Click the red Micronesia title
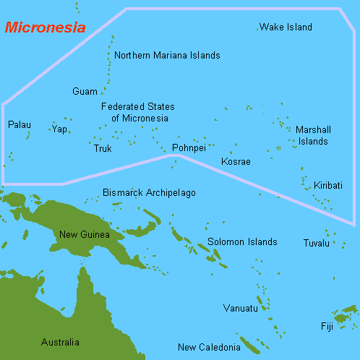pos(45,28)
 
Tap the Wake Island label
pos(286,27)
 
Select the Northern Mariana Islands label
pos(167,56)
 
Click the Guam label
pos(85,92)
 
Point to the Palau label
pos(20,125)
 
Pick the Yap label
pos(59,129)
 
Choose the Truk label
pos(103,149)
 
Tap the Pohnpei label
pos(189,148)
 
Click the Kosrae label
pos(236,161)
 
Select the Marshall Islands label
pos(314,135)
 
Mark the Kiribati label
pos(328,186)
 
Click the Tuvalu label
pos(316,243)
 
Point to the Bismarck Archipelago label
pos(149,193)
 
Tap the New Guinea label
pos(85,234)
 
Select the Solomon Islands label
pos(242,242)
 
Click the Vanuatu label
pos(240,309)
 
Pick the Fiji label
pos(327,327)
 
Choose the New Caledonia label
pos(209,348)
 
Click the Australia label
pos(60,343)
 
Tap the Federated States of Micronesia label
pos(137,112)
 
